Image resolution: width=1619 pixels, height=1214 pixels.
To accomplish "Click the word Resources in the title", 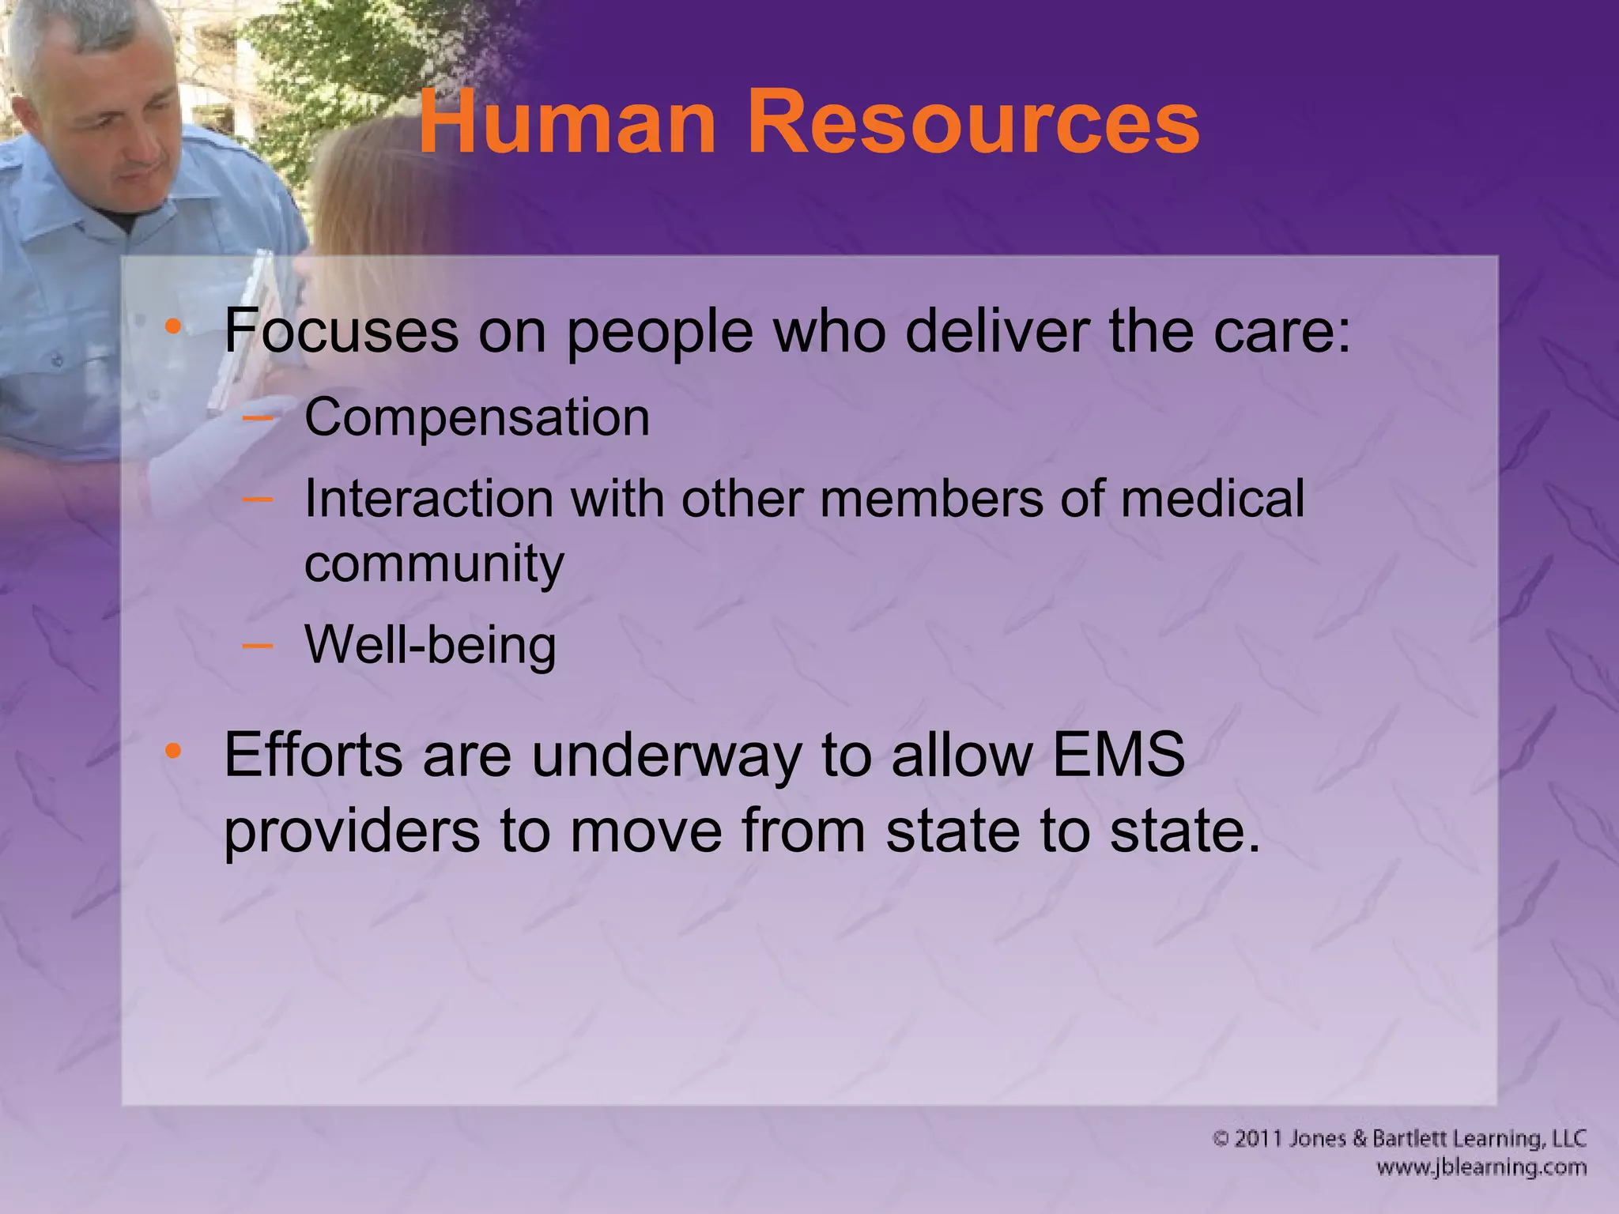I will (x=973, y=123).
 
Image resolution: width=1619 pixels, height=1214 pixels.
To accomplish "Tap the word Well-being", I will (x=431, y=645).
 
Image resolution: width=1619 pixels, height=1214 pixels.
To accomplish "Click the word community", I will (x=434, y=564).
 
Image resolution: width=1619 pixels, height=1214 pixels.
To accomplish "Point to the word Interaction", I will (x=429, y=499).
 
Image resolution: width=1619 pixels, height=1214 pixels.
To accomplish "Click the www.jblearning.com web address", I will (x=1481, y=1167).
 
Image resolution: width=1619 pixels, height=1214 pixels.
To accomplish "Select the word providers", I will (x=352, y=831).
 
